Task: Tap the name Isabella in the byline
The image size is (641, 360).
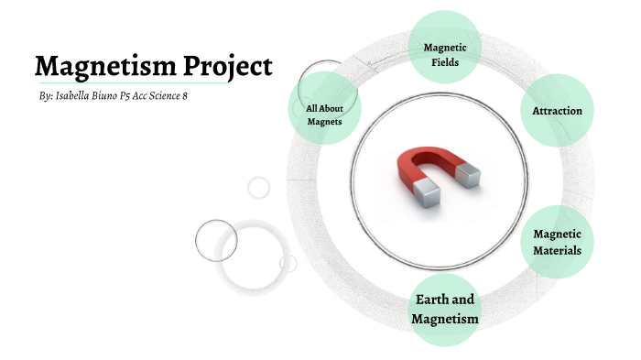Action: point(77,96)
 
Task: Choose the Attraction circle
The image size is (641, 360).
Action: point(557,111)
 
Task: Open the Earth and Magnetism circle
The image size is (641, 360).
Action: point(445,310)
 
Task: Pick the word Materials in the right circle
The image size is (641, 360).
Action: point(557,250)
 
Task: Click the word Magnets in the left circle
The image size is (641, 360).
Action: point(324,121)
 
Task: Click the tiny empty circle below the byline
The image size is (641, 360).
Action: point(259,187)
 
